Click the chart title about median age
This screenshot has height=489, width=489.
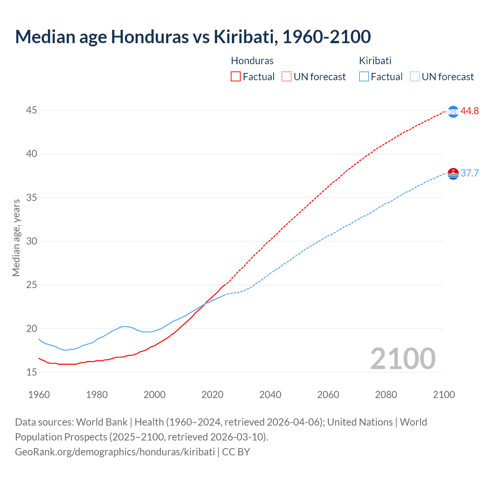point(193,37)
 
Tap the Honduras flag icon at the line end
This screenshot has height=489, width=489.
point(453,112)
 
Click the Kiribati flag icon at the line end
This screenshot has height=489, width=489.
point(453,173)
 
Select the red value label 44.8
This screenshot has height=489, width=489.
point(470,111)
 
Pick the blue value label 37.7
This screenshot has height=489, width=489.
point(470,173)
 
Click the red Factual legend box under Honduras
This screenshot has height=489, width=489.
point(236,76)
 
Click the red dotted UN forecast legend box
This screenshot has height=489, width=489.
point(287,76)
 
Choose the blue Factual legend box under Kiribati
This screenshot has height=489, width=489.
point(364,76)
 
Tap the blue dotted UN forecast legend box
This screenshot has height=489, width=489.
point(415,76)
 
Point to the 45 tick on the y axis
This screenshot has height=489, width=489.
point(32,110)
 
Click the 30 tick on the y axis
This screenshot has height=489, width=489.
point(32,241)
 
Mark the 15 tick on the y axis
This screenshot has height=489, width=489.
point(32,372)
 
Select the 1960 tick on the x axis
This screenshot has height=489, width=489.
point(39,395)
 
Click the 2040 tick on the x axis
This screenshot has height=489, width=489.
point(270,395)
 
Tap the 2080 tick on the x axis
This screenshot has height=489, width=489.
point(386,395)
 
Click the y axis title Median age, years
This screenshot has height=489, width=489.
point(16,238)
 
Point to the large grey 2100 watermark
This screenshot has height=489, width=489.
point(403,358)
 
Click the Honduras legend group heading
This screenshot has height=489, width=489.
point(252,61)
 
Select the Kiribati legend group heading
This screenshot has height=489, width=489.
point(375,61)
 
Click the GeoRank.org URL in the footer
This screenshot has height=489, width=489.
point(115,452)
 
